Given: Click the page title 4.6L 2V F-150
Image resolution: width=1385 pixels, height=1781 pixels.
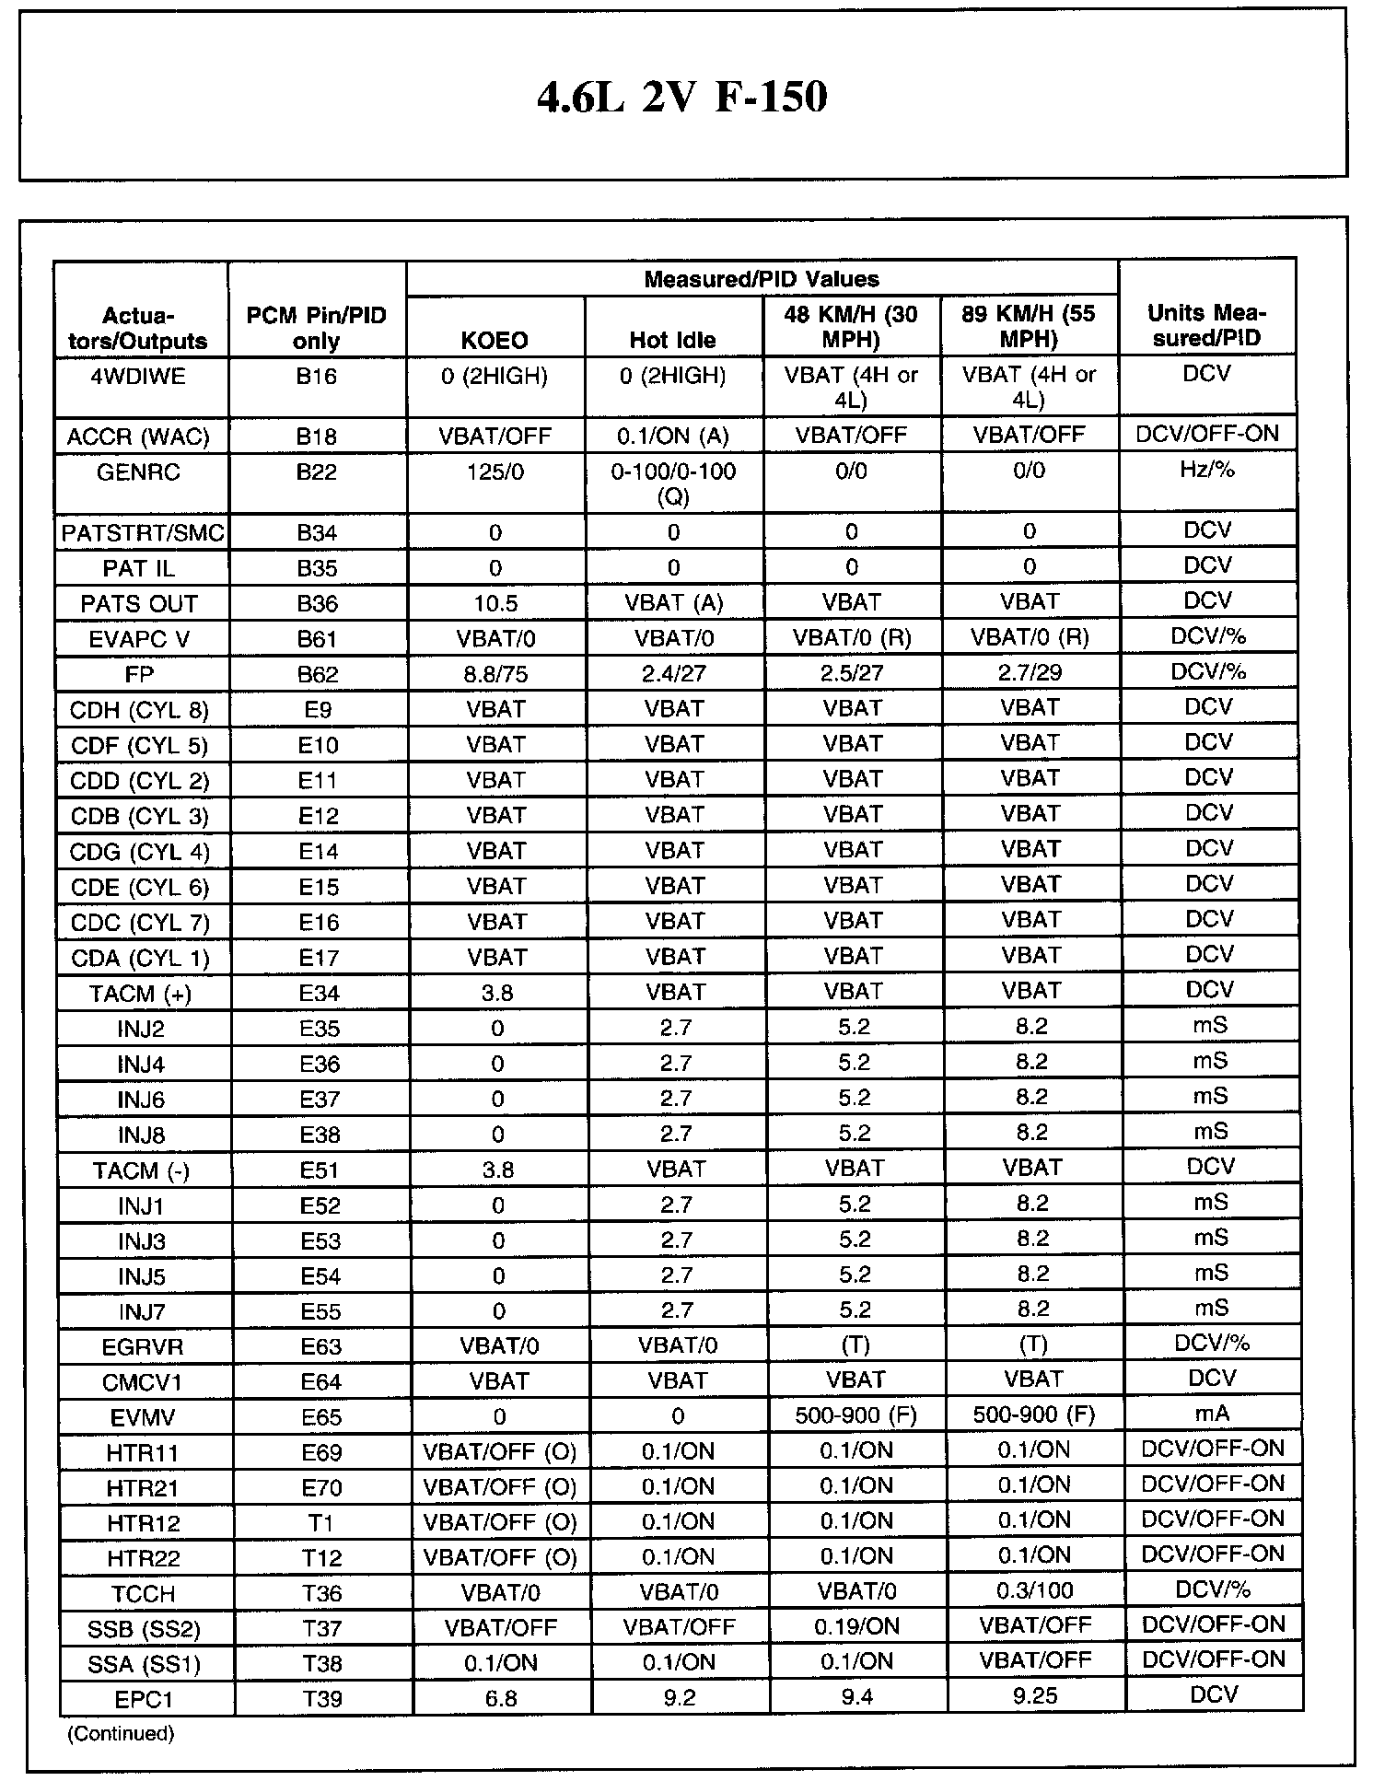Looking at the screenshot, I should pyautogui.click(x=681, y=97).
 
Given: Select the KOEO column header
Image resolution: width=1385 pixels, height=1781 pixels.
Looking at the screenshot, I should pyautogui.click(x=495, y=341).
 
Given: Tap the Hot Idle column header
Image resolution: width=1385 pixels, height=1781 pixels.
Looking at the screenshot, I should pyautogui.click(x=672, y=341).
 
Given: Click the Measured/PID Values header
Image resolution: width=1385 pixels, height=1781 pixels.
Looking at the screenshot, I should pyautogui.click(x=761, y=279).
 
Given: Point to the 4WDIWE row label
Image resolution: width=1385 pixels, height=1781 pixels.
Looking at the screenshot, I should pyautogui.click(x=139, y=376).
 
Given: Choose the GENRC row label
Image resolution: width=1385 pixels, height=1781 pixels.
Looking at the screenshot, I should pyautogui.click(x=139, y=472).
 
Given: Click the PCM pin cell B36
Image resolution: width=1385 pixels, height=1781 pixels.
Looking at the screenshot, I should pyautogui.click(x=317, y=604).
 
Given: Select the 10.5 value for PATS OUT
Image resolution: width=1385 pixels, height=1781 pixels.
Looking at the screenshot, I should pyautogui.click(x=495, y=603).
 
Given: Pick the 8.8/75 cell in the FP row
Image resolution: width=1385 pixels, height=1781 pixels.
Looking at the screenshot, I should pyautogui.click(x=495, y=674).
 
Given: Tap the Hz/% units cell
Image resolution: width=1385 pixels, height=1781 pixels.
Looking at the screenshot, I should pyautogui.click(x=1207, y=471).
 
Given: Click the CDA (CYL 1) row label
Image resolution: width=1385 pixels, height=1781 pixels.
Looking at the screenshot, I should pyautogui.click(x=140, y=959).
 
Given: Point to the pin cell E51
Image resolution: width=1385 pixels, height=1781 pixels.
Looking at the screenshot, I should pyautogui.click(x=320, y=1170).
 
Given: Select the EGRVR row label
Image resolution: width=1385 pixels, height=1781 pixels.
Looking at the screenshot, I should pyautogui.click(x=143, y=1347).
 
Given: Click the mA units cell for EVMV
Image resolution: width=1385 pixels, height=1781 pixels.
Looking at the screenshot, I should pyautogui.click(x=1211, y=1414).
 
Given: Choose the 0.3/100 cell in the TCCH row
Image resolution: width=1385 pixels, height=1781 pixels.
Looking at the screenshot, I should pyautogui.click(x=1034, y=1591).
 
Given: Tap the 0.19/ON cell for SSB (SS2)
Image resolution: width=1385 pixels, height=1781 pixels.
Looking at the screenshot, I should pyautogui.click(x=856, y=1626).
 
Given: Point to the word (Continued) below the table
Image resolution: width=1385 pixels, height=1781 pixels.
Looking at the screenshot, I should pyautogui.click(x=121, y=1734).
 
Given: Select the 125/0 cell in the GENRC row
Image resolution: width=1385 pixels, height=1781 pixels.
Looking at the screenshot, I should pyautogui.click(x=495, y=471).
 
